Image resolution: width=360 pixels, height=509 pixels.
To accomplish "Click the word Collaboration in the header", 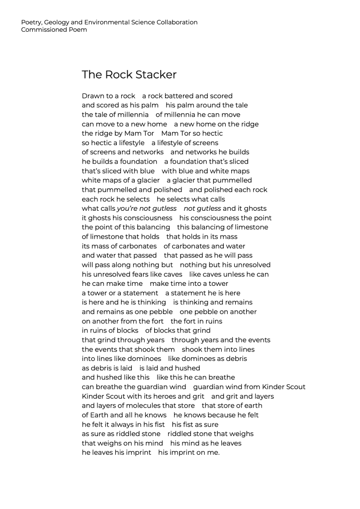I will pyautogui.click(x=177, y=22).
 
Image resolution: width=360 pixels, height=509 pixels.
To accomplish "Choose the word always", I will pyautogui.click(x=124, y=424).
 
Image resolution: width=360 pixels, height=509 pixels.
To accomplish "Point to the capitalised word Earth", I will pyautogui.click(x=100, y=415).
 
